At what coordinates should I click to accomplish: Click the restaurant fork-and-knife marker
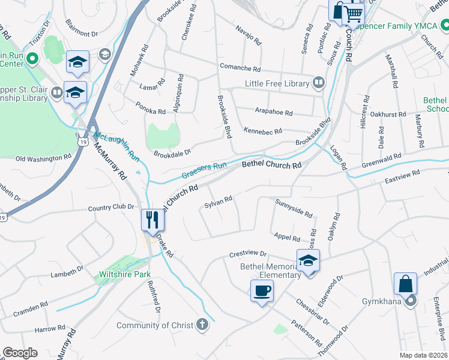[x=152, y=220]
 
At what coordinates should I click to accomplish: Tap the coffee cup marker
[x=261, y=292]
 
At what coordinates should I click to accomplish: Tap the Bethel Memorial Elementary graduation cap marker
[x=308, y=260]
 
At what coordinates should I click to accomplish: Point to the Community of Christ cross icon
[x=203, y=325]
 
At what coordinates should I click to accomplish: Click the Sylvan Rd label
[x=218, y=202]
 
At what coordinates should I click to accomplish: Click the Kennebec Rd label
[x=263, y=130]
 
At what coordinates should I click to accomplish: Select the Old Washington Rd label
[x=43, y=158]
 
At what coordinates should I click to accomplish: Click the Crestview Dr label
[x=247, y=254]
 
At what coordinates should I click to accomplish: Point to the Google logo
[x=20, y=353]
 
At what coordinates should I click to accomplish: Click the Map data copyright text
[x=423, y=355]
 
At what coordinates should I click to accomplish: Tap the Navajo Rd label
[x=249, y=36]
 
